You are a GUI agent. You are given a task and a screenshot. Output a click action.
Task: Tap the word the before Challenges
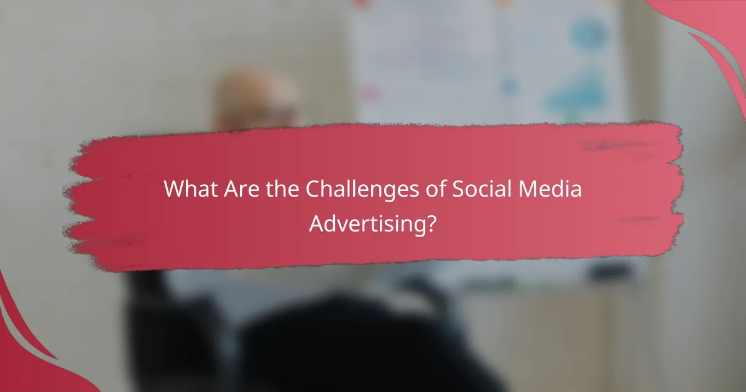click(x=283, y=190)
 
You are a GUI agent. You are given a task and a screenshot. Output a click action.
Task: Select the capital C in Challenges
click(x=313, y=190)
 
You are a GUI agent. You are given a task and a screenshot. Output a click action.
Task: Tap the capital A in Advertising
click(x=316, y=222)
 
